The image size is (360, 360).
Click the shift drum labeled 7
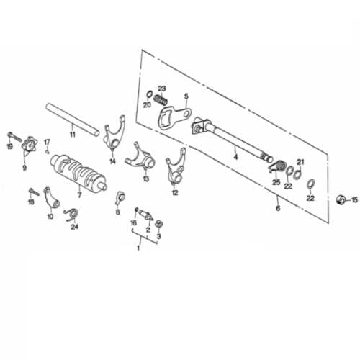(78, 171)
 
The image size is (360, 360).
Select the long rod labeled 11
(72, 120)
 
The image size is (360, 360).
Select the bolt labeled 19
(14, 137)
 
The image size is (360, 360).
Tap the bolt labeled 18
(34, 192)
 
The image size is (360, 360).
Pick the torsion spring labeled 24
(72, 215)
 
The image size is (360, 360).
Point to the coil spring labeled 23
(161, 99)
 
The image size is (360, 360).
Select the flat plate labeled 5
(174, 117)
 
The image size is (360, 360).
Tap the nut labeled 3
(158, 224)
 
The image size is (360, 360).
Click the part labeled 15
(341, 199)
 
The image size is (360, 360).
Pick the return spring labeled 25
(276, 166)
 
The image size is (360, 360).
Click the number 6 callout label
(278, 208)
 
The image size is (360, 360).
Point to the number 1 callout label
(138, 248)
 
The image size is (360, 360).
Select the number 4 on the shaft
(236, 157)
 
